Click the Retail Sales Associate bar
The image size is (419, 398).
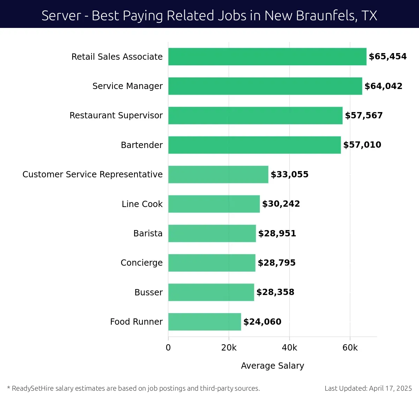point(267,57)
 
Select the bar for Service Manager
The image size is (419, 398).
point(265,86)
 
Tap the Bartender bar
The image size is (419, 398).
point(254,145)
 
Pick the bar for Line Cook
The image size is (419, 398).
point(214,204)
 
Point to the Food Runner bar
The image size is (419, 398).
point(204,322)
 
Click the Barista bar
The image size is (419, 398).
point(212,233)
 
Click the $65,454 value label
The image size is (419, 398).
point(388,57)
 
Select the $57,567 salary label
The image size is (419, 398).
point(363,116)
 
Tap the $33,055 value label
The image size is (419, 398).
point(289,175)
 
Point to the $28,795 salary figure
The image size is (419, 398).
point(277,263)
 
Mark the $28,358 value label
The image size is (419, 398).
point(275,292)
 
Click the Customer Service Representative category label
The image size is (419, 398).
point(93,175)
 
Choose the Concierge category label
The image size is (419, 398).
point(141,263)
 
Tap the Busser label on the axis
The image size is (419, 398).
point(148,292)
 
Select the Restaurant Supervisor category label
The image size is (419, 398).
point(116,116)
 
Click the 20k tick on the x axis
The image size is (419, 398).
point(229,348)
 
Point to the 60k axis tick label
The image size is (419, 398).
point(350,348)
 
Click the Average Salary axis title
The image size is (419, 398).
point(272,366)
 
